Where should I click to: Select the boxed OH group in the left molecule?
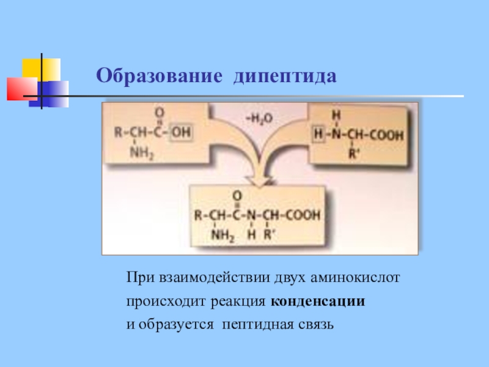coord(180,133)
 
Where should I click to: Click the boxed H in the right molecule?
coord(317,133)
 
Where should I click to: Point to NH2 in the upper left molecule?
coord(142,154)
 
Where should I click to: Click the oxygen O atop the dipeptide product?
coord(239,195)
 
